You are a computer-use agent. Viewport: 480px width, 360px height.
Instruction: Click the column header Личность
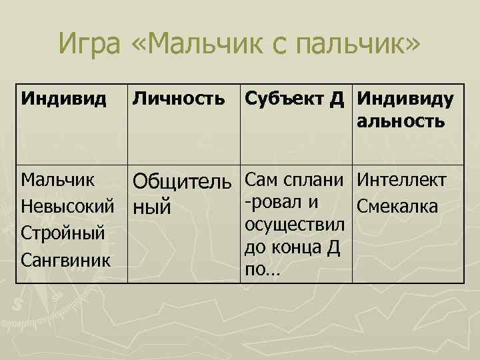click(179, 100)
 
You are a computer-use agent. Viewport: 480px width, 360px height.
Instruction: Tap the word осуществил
click(294, 223)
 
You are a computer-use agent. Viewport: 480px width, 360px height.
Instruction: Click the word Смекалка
click(397, 207)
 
